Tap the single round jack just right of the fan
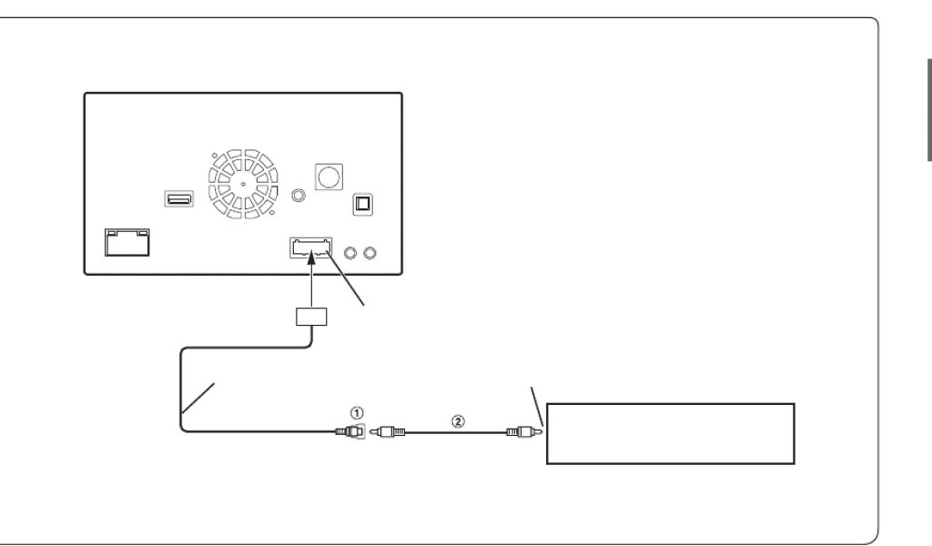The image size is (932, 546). (297, 194)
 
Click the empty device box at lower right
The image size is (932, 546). (670, 434)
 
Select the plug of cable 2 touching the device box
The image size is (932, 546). (527, 432)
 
